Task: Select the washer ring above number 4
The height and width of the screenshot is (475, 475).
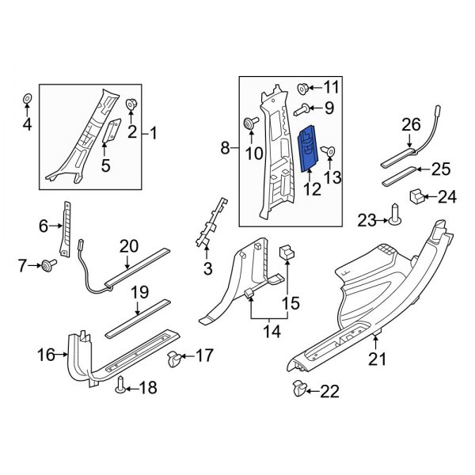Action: pyautogui.click(x=26, y=98)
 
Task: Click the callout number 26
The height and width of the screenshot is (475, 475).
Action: pyautogui.click(x=410, y=123)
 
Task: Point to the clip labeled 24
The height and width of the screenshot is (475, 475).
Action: pyautogui.click(x=417, y=196)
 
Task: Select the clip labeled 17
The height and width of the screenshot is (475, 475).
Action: pyautogui.click(x=175, y=362)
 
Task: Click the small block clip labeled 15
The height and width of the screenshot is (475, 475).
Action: pyautogui.click(x=287, y=253)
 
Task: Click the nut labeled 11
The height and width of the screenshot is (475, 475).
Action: pyautogui.click(x=304, y=87)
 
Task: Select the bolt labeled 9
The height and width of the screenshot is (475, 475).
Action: pyautogui.click(x=302, y=107)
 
